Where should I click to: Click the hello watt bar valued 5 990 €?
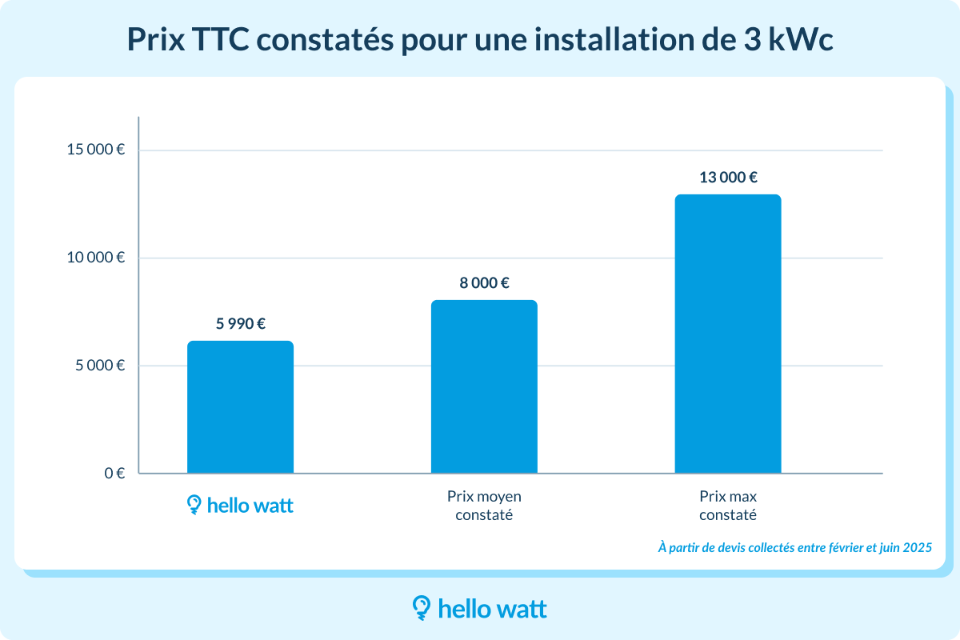point(240,407)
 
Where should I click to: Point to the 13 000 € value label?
point(728,178)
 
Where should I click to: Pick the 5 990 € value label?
point(240,324)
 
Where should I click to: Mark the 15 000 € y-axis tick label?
point(96,150)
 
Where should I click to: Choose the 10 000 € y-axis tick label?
point(96,258)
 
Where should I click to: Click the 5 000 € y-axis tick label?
point(99,366)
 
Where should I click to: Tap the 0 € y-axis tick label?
point(114,473)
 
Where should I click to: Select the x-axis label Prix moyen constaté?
point(484,506)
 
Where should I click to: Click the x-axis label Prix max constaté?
point(728,506)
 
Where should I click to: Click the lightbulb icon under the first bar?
point(194,504)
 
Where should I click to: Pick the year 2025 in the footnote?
point(917,548)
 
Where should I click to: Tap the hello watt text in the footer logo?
point(493,609)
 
